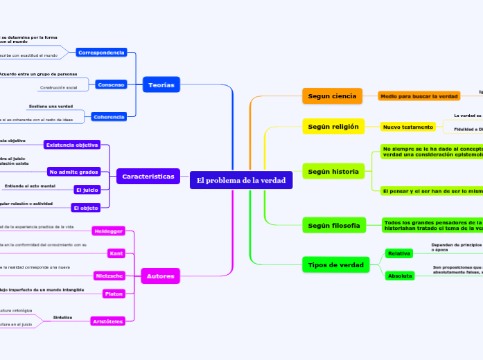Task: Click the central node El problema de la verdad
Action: pos(241,181)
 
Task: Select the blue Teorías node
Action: pos(161,85)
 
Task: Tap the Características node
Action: pos(148,177)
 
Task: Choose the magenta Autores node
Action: pos(161,276)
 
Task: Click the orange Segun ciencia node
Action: pos(332,96)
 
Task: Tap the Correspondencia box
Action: pos(101,53)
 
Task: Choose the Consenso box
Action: pos(111,84)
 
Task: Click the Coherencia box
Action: pos(108,117)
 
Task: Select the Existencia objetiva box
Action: pos(71,145)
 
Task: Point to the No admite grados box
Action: pos(74,171)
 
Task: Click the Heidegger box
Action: pos(108,231)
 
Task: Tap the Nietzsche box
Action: pos(109,276)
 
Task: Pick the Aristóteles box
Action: pos(107,321)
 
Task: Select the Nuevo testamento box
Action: pos(408,127)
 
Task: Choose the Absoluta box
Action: pos(400,276)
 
